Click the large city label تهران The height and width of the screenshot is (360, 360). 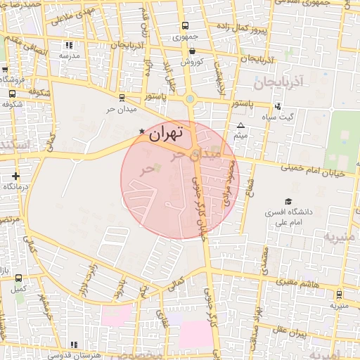click(x=167, y=131)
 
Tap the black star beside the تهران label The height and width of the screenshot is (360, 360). click(x=142, y=131)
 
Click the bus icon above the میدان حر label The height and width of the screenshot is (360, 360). click(x=122, y=98)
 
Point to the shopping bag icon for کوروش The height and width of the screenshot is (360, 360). click(x=192, y=50)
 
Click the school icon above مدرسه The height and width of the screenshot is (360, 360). click(x=69, y=45)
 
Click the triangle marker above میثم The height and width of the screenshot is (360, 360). click(x=240, y=125)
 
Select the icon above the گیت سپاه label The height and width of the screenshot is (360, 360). click(x=278, y=107)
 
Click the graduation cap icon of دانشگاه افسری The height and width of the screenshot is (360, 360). click(x=288, y=200)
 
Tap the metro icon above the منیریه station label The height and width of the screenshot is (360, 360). click(x=340, y=295)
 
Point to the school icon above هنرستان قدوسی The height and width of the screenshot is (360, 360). click(x=74, y=345)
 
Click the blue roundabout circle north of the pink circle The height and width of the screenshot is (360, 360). click(x=190, y=98)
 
